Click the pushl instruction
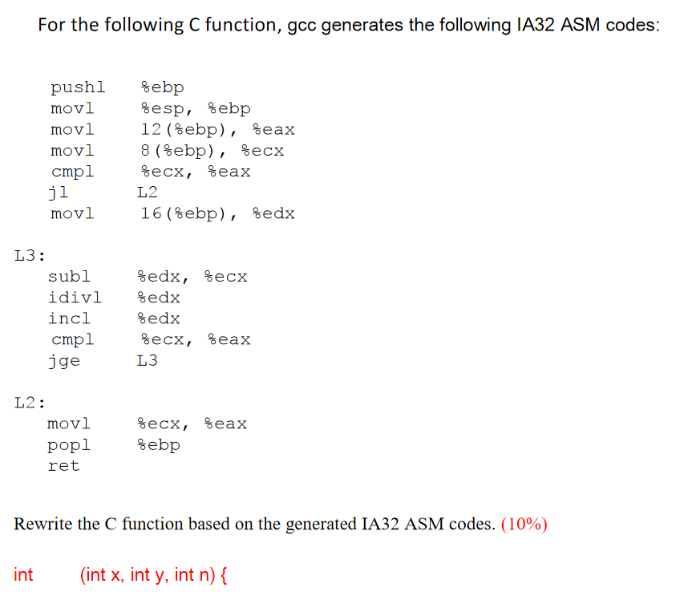77,87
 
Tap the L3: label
30,256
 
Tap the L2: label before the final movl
30,402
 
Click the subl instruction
70,277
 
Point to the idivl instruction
75,298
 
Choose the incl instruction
70,318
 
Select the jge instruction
64,361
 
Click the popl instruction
69,444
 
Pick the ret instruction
64,465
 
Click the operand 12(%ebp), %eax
217,129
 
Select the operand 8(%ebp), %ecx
212,150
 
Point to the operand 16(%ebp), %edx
217,213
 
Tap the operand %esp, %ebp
196,108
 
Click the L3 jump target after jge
148,361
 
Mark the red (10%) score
524,525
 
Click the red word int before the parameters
24,574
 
